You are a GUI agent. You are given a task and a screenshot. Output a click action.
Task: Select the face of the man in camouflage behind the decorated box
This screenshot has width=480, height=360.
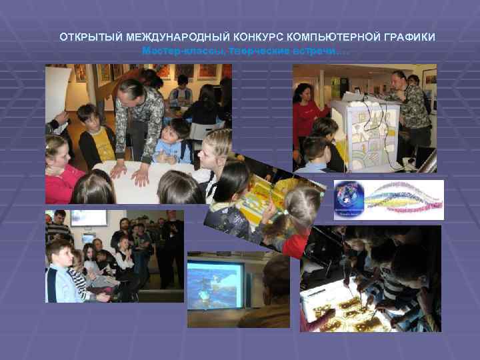pos(399,79)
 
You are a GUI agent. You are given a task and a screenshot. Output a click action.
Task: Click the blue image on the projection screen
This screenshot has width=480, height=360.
pos(215,284)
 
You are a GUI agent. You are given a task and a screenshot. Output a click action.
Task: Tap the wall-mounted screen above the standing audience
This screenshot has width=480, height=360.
pos(89,218)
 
